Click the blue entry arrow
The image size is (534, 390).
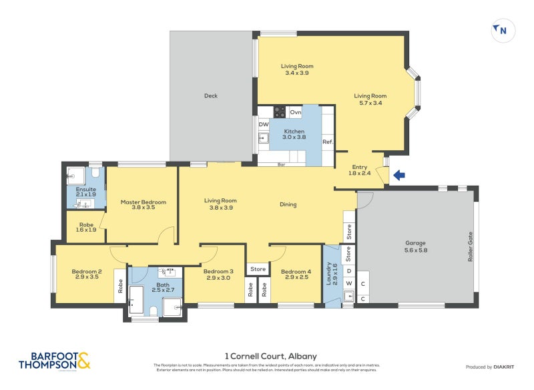[398, 176]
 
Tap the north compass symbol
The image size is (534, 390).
[501, 30]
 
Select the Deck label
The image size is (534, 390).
[211, 96]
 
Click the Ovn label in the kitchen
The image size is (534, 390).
[295, 112]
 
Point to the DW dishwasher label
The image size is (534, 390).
[264, 124]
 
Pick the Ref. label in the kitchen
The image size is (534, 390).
[328, 142]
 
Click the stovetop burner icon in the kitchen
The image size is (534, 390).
[280, 112]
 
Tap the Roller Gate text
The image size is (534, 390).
[470, 247]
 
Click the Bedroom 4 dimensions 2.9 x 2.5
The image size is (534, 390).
[295, 278]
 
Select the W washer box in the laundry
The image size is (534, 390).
[348, 283]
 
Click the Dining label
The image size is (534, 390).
[288, 204]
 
